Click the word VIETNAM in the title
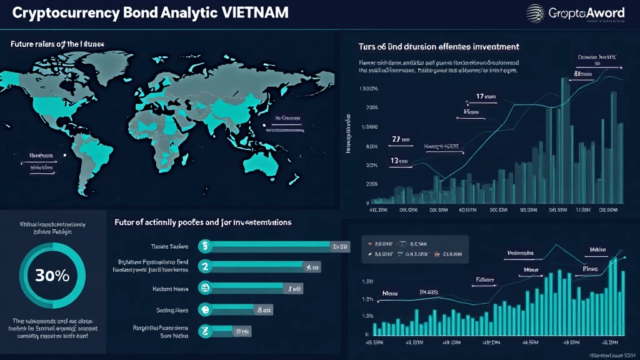[x=254, y=13]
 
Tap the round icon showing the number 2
[x=204, y=267]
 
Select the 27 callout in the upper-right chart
[x=396, y=139]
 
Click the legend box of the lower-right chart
[x=415, y=248]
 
